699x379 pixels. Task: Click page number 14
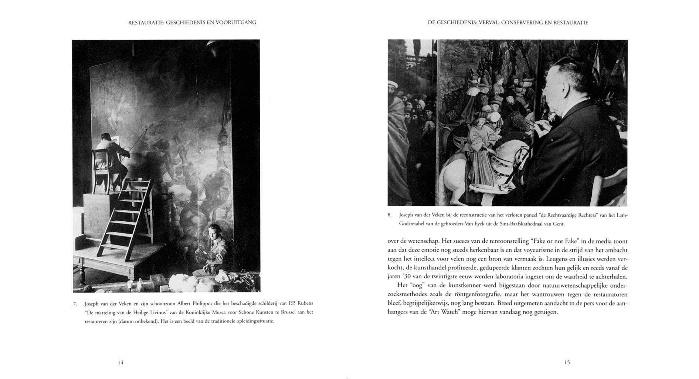coord(121,363)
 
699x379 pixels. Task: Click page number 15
coord(567,363)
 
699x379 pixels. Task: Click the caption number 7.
coord(75,304)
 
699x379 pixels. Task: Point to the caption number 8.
coord(390,215)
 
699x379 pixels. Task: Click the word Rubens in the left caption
coord(305,303)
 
